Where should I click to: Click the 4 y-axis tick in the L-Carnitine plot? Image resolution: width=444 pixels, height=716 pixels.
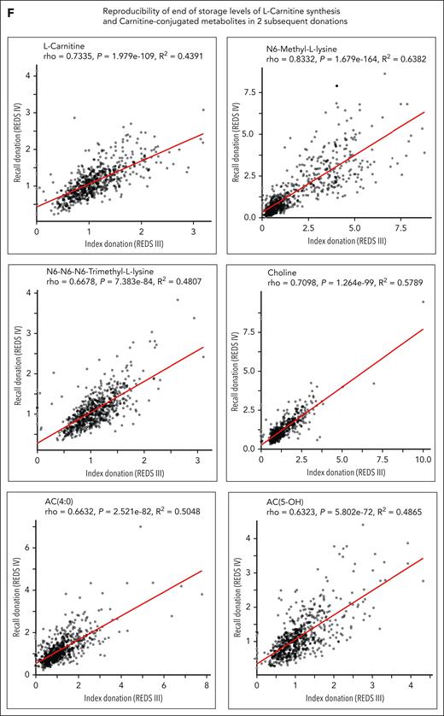point(27,75)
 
